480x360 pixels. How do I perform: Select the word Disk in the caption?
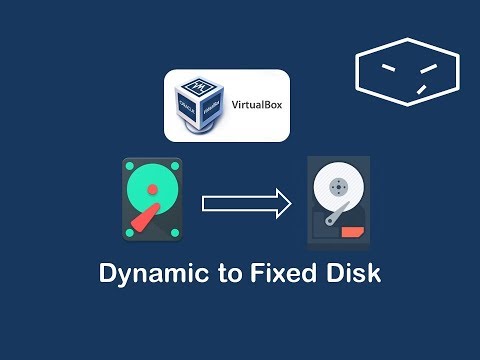click(x=354, y=273)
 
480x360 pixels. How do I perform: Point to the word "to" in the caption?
click(x=225, y=273)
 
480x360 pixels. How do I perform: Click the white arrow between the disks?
click(x=246, y=205)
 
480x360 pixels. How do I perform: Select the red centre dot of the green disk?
click(x=151, y=188)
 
